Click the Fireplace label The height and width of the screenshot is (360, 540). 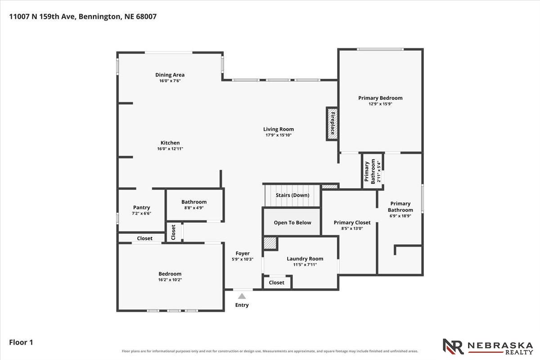point(333,123)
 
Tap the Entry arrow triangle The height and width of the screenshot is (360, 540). point(242,296)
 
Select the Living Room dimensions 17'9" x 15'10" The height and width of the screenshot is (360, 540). point(279,135)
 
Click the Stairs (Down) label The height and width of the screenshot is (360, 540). point(292,195)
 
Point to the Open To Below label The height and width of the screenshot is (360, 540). point(292,223)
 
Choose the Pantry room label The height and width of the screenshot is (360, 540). point(141,207)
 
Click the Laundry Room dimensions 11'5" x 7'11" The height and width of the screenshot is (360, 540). point(305,265)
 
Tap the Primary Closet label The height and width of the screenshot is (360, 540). point(352,223)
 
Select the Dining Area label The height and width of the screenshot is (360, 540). point(170,75)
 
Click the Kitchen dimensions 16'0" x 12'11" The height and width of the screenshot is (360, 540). point(170,149)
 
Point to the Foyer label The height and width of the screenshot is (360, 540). point(243,253)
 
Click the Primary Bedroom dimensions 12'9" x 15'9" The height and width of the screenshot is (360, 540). point(380,104)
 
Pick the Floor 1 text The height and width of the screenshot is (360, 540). point(21,342)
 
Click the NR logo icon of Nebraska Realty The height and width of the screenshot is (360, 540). point(453,346)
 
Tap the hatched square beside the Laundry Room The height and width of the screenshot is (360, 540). point(270,243)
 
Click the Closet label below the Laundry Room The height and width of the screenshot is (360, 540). point(276,283)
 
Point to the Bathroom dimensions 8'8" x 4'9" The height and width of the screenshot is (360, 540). point(194,208)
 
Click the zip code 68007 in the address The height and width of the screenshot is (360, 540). point(146,17)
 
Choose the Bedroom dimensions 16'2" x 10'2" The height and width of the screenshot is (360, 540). point(170,280)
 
